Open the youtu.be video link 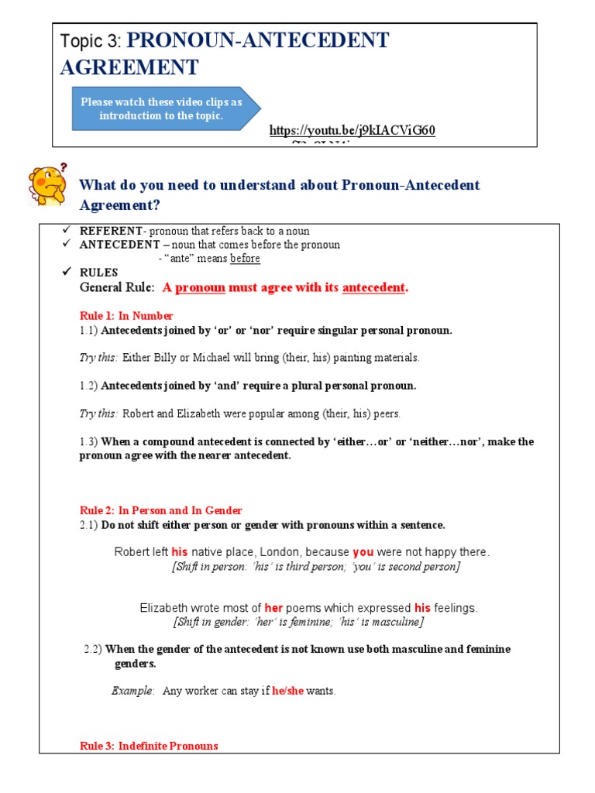click(352, 130)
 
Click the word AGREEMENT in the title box click(129, 68)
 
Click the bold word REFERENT click(112, 232)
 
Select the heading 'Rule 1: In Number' click(126, 316)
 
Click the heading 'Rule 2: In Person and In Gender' click(161, 510)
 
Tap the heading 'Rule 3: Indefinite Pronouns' click(149, 746)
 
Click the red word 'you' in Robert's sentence click(363, 552)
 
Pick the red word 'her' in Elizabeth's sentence click(273, 608)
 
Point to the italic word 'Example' click(132, 691)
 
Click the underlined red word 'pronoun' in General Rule click(200, 288)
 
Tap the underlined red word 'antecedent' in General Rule click(373, 288)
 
